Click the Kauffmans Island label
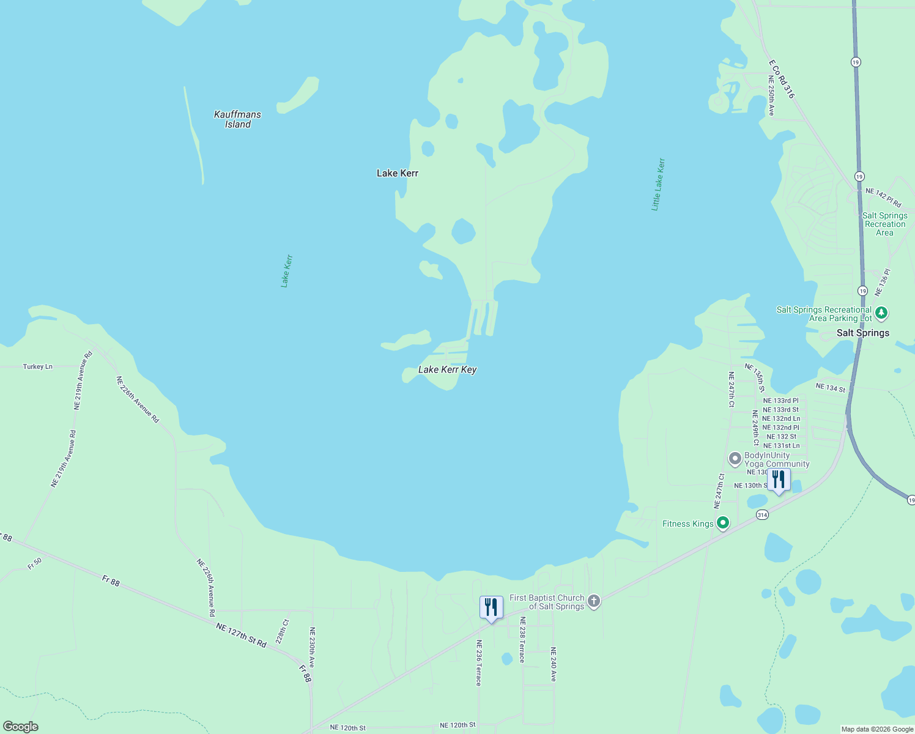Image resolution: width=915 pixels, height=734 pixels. click(237, 119)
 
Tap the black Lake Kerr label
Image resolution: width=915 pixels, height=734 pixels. click(398, 173)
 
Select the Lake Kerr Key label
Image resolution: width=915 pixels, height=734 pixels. click(447, 369)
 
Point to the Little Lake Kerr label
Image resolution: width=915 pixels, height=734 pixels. click(658, 184)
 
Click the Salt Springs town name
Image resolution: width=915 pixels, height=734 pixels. click(862, 333)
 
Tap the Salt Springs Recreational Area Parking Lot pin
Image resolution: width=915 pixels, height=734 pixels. click(881, 314)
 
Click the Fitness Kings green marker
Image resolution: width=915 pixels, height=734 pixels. click(723, 523)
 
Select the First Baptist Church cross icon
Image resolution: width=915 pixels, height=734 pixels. click(593, 602)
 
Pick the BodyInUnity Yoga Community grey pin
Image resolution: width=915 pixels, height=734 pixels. click(735, 459)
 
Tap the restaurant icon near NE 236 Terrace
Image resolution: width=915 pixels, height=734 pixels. click(491, 607)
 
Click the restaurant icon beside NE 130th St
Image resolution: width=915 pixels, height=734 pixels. click(779, 480)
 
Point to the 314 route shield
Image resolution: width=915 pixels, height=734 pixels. click(762, 515)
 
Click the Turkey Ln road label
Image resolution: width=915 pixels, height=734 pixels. click(38, 366)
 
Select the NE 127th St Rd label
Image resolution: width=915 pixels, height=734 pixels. click(241, 635)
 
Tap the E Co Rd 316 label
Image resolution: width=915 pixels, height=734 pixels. click(782, 79)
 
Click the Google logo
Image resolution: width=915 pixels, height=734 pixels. click(20, 727)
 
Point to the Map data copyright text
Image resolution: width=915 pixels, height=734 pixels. click(876, 729)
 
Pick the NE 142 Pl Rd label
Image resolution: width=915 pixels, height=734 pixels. click(883, 197)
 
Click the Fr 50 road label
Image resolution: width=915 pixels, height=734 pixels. click(35, 563)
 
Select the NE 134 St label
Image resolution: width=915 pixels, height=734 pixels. click(830, 388)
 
